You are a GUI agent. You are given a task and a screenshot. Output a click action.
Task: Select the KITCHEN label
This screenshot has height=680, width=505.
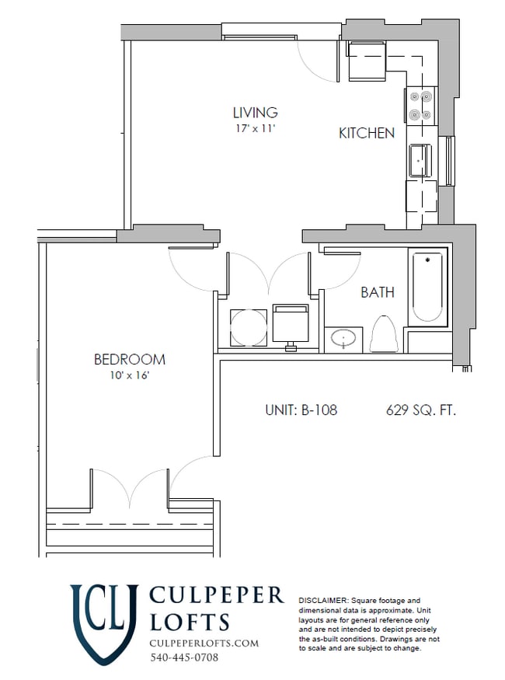pos(366,134)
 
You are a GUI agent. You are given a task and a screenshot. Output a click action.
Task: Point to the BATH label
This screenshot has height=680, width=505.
pos(377,293)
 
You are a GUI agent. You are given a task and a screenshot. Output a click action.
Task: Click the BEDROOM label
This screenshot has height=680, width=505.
pos(130,360)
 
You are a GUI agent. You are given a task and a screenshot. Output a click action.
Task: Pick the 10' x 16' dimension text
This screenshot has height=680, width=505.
pos(130,376)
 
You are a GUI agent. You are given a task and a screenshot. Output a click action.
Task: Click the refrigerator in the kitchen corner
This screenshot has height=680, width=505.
pos(366,61)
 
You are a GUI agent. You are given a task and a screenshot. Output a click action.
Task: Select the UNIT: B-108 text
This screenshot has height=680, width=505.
pos(301,410)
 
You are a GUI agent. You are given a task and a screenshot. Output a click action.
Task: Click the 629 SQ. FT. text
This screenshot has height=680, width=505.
pos(420,410)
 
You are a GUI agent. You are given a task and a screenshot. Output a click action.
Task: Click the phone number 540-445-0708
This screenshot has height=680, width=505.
pos(184,657)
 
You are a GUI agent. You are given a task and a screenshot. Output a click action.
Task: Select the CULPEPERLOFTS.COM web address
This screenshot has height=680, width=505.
pos(204,643)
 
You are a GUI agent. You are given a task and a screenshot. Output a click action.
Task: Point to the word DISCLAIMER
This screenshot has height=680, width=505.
pos(323,601)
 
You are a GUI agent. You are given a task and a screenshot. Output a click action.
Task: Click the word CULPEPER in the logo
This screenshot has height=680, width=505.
pos(216,596)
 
